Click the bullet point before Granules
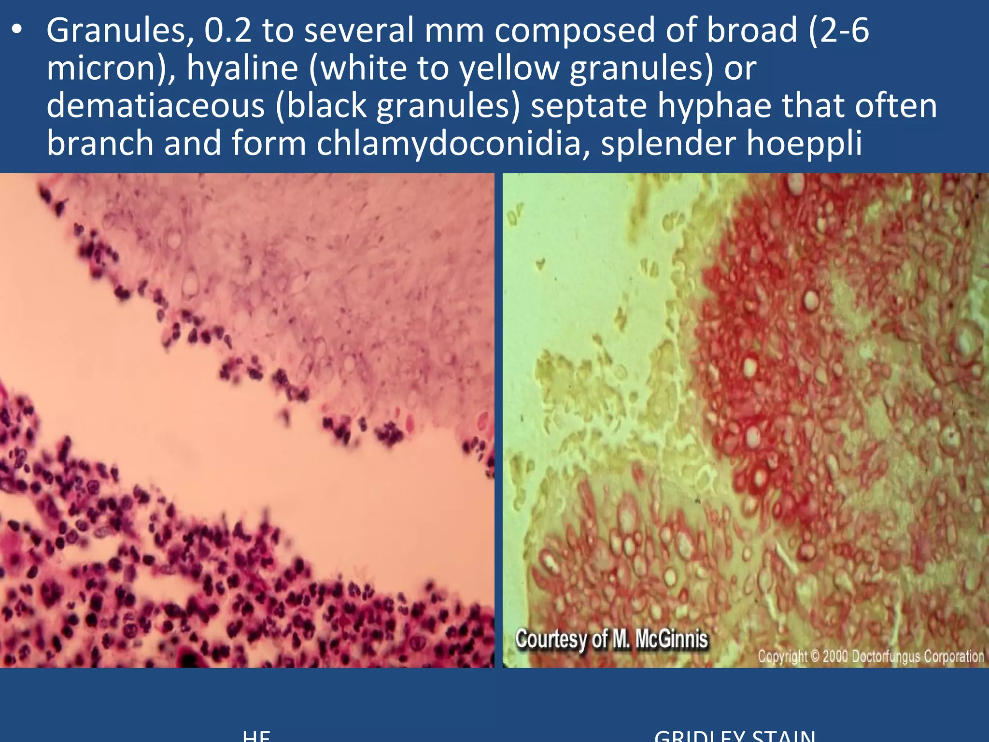click(17, 30)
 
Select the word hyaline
click(242, 69)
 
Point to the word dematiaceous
click(155, 106)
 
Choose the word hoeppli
click(804, 144)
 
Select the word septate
click(589, 106)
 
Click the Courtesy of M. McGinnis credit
click(611, 640)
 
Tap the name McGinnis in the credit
click(671, 640)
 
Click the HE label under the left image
click(256, 735)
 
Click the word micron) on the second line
click(111, 69)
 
